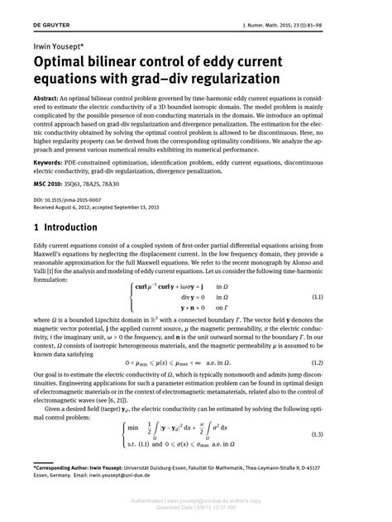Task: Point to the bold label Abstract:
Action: [50, 97]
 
